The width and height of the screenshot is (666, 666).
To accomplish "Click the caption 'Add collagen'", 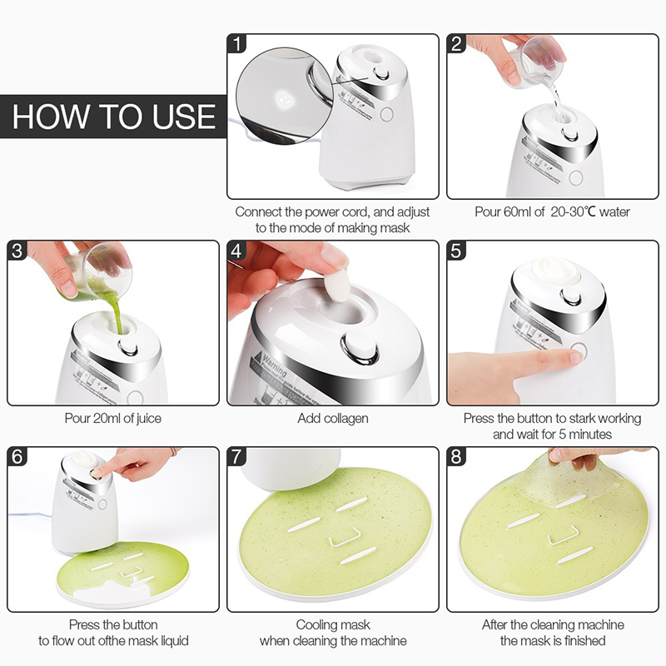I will pos(333,419).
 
